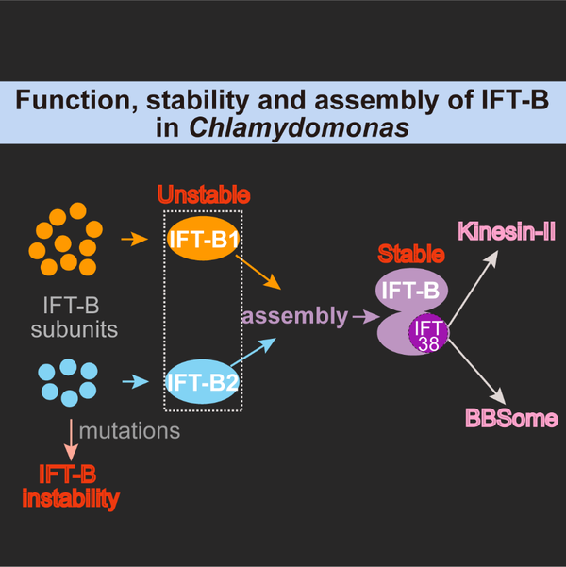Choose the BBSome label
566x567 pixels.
click(x=510, y=418)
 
